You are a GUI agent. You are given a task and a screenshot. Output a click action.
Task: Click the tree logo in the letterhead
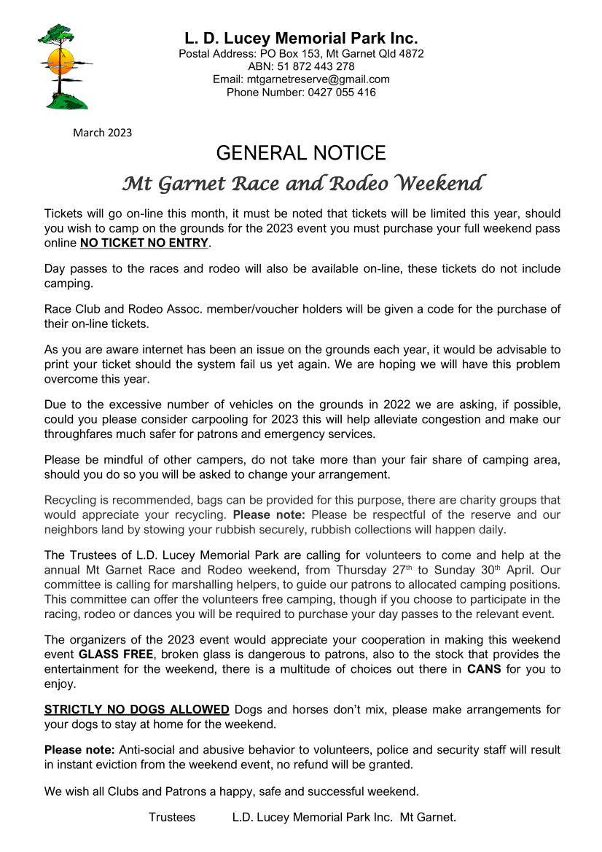(x=63, y=66)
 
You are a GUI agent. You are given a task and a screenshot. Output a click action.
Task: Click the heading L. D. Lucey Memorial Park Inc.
(x=301, y=39)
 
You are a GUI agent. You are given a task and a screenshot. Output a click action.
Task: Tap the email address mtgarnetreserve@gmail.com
(x=301, y=79)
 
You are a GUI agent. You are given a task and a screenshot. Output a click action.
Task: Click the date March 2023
(x=103, y=133)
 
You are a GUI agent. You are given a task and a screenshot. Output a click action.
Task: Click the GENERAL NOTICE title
(x=301, y=153)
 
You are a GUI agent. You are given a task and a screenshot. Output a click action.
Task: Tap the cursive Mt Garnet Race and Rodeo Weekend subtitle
(x=301, y=183)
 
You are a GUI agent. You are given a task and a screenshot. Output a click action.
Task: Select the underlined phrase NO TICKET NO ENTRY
(x=144, y=243)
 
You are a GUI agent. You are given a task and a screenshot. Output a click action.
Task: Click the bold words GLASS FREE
(x=116, y=654)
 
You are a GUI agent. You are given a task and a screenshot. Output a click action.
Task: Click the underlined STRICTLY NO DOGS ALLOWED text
(x=137, y=709)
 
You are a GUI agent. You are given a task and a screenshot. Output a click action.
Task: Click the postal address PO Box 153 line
(x=301, y=53)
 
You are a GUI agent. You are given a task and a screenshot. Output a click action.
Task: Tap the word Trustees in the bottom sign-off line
(x=172, y=817)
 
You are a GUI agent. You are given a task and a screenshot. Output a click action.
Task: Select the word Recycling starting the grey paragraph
(x=72, y=500)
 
